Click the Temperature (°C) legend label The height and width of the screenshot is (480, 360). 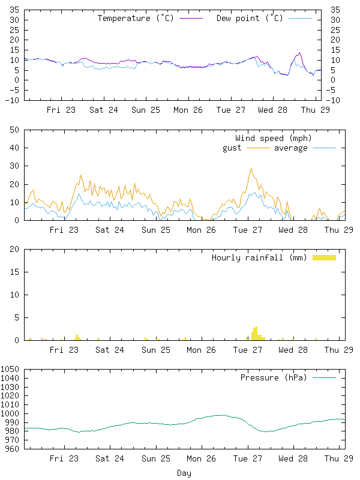136,18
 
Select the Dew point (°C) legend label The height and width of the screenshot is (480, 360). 250,18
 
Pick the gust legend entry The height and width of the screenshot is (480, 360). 232,148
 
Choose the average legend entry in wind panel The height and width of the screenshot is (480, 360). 290,148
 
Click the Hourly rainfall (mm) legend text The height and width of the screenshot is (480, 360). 259,258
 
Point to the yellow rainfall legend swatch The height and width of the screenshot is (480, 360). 324,258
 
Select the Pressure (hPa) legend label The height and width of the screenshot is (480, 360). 273,378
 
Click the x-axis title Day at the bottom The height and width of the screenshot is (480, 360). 184,473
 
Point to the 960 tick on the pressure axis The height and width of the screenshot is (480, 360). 13,449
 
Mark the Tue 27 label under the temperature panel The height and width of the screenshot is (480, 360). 231,110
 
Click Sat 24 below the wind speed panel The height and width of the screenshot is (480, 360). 110,230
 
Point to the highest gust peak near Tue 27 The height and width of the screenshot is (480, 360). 251,169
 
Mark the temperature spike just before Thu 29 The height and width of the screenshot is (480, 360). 299,53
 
